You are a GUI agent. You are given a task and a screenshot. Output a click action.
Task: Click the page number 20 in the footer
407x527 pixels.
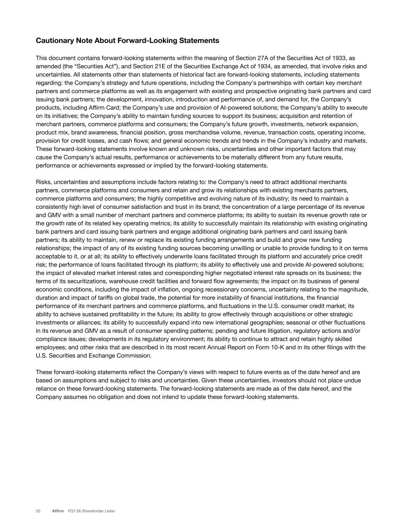(38, 511)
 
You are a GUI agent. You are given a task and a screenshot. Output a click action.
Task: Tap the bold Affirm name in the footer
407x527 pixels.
(58, 511)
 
